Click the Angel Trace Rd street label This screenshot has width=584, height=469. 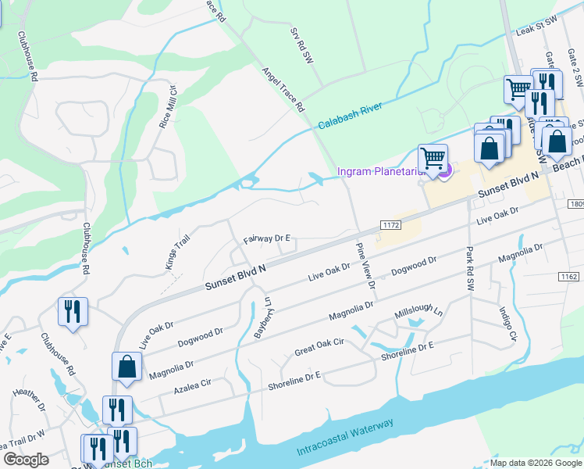tap(282, 90)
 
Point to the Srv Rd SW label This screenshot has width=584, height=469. tap(301, 47)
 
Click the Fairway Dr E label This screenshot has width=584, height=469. tap(267, 238)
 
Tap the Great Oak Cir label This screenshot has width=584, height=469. tap(319, 347)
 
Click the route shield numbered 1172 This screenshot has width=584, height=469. tap(391, 224)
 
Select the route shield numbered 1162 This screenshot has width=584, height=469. tap(569, 277)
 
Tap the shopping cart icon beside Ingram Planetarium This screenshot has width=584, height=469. tap(433, 159)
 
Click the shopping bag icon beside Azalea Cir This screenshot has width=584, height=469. tap(126, 367)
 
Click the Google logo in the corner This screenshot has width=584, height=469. tap(27, 460)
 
